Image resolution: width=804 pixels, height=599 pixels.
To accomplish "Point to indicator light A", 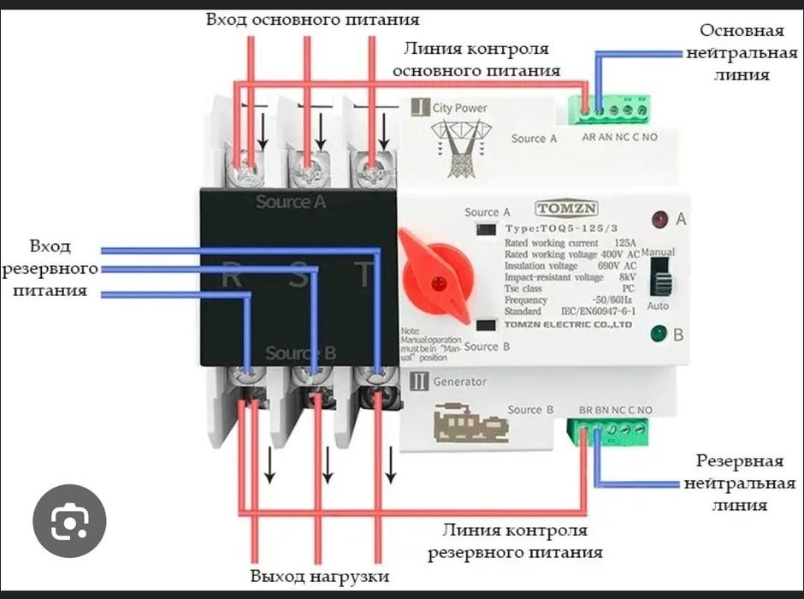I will pos(659,219).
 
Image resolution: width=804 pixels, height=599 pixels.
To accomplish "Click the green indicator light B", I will pos(659,334).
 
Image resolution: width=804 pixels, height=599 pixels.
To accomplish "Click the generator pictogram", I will pos(463,424).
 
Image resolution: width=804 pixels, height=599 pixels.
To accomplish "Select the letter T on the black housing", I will pos(365,275).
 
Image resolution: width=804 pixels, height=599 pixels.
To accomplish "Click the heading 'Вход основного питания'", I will pos(312,18).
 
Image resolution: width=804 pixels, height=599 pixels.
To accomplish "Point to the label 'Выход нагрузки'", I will pos(320,576).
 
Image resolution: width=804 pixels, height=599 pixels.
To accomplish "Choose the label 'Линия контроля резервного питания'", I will pos(515,541).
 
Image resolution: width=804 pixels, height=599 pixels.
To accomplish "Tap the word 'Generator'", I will pos(459,382).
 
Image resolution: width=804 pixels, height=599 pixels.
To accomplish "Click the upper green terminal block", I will pos(614,110).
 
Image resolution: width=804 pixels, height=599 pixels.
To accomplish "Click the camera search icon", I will pos(69,521).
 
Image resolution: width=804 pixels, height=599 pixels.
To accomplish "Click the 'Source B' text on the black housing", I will pos(300,353).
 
